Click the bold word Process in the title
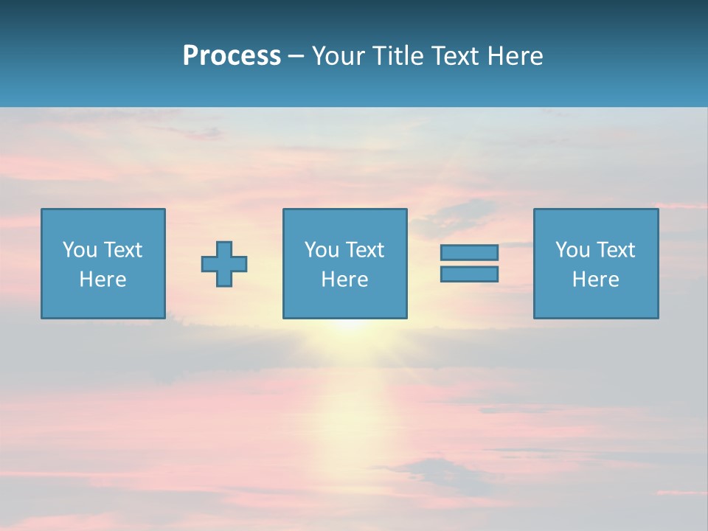point(232,56)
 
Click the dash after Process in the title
point(296,57)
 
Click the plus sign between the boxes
point(224,264)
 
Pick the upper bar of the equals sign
point(469,252)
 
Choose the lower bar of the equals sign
point(469,274)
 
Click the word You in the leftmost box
point(80,250)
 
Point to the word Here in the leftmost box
point(103,280)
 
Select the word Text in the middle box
point(364,250)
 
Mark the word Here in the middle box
point(344,280)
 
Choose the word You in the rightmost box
point(572,250)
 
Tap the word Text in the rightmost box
point(615,250)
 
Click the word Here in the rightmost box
point(595,280)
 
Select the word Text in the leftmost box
point(122,250)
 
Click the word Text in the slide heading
point(456,56)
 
